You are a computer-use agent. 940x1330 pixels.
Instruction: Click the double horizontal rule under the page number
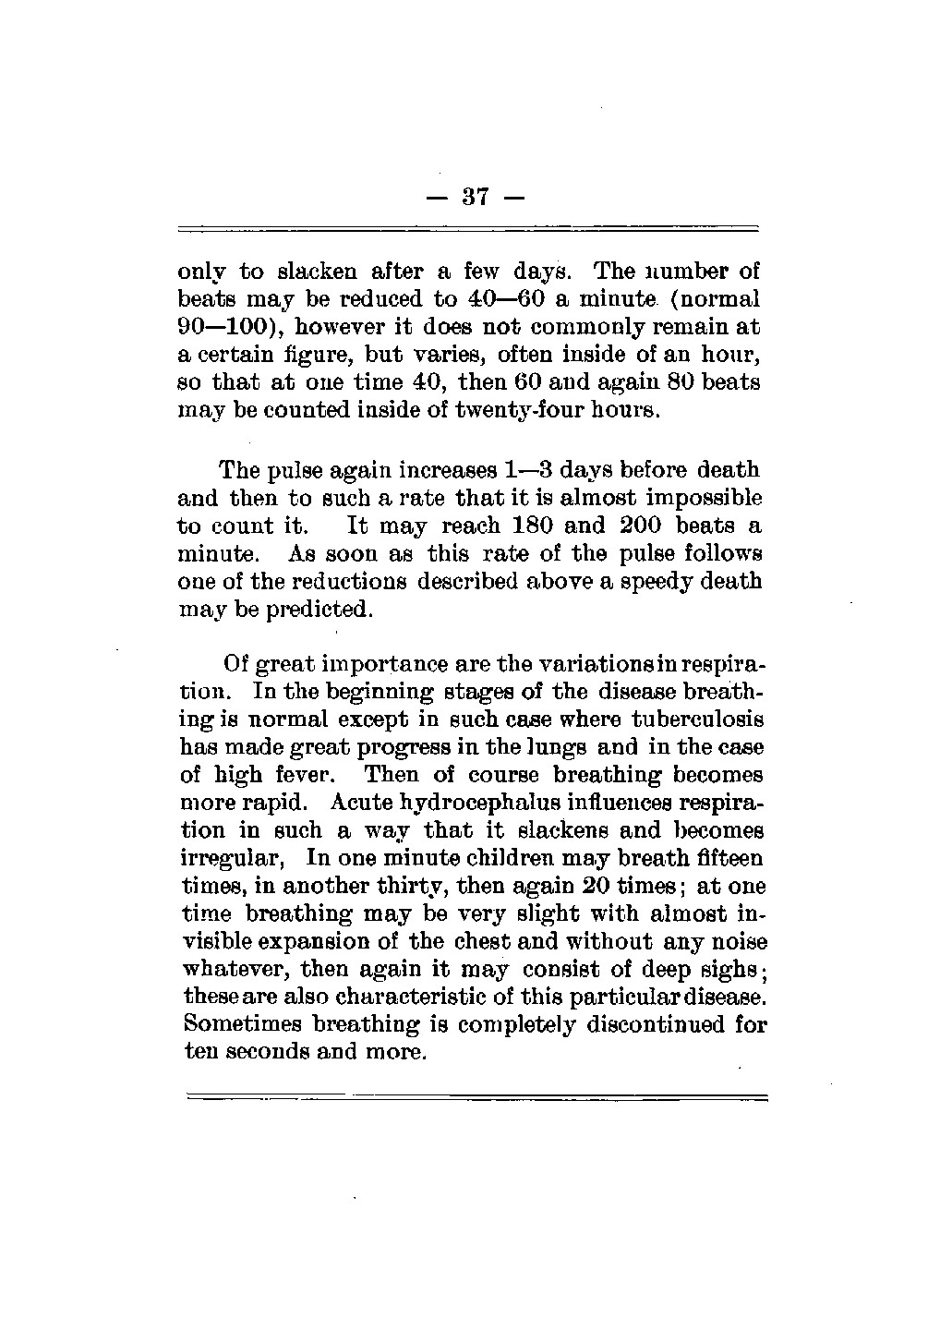pyautogui.click(x=466, y=228)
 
